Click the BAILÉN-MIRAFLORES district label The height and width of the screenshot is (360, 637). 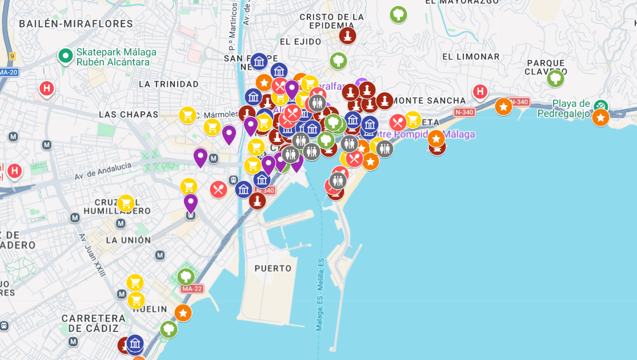(x=76, y=24)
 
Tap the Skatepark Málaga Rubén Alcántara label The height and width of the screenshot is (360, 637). (x=109, y=57)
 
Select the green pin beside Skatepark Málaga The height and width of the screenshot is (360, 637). (x=65, y=55)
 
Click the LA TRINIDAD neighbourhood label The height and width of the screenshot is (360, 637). (x=169, y=84)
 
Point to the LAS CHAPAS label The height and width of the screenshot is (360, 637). (x=129, y=114)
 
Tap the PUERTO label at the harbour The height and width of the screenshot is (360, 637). (x=273, y=268)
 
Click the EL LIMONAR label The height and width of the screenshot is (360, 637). (x=471, y=57)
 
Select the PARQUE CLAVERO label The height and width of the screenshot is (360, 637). (x=546, y=67)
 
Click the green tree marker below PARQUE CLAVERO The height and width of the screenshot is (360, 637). (x=555, y=78)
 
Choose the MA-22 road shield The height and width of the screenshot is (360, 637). (x=192, y=289)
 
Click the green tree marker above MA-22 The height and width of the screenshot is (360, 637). (x=186, y=277)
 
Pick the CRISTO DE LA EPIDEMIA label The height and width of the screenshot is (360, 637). (x=331, y=21)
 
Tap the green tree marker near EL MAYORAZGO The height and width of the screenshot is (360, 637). (x=399, y=14)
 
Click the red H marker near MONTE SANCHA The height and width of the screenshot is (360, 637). (x=480, y=91)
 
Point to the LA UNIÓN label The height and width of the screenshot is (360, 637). (x=128, y=240)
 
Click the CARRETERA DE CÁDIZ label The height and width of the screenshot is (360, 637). (x=93, y=323)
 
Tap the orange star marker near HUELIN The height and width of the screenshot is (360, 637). (x=183, y=313)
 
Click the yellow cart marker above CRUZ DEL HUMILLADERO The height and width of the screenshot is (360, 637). (x=126, y=203)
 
